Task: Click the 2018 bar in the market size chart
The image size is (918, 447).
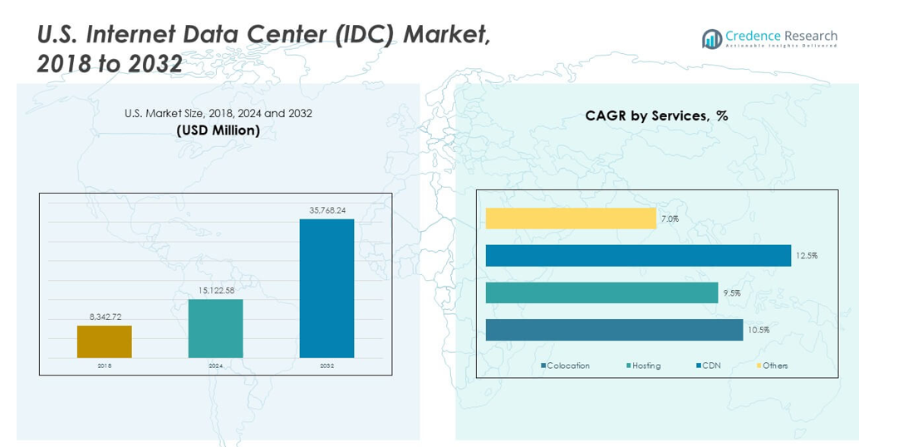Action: point(104,341)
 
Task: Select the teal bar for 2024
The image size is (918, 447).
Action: point(215,328)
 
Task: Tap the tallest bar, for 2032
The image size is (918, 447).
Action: point(326,288)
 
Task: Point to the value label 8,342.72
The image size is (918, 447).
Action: point(105,317)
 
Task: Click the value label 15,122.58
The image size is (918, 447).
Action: point(215,290)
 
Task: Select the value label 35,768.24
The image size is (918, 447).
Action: point(327,210)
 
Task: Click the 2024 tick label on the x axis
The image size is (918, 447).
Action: point(215,366)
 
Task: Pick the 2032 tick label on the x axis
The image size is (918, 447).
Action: point(326,366)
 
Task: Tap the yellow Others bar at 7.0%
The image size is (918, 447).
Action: point(571,219)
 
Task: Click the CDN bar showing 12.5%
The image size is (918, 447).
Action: point(638,255)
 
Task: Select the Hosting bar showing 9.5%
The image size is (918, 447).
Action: point(601,292)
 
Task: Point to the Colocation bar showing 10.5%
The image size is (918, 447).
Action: point(614,330)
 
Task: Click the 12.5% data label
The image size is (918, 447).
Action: point(806,256)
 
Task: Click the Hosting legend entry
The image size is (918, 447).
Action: point(644,366)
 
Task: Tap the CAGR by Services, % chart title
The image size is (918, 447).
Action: point(656,115)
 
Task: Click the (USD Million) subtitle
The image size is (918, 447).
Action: point(218,130)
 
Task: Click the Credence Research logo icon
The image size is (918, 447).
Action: point(711,38)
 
